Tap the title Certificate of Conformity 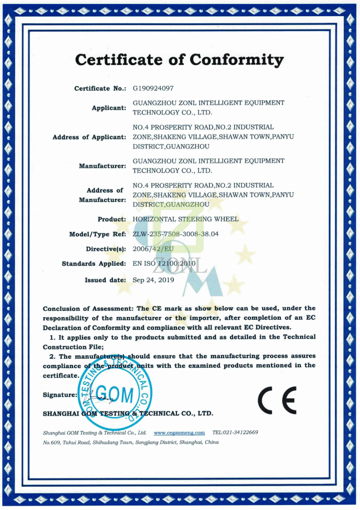(179, 60)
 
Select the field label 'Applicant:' (109, 107)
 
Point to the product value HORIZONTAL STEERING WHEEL (185, 219)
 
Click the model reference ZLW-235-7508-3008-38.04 (176, 234)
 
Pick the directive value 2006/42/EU (154, 249)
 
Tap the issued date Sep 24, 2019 (154, 280)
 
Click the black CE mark (277, 399)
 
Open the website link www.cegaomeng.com (179, 432)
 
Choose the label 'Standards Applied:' (93, 264)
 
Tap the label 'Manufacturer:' (102, 166)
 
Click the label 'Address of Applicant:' (89, 137)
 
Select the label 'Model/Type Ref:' (97, 234)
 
